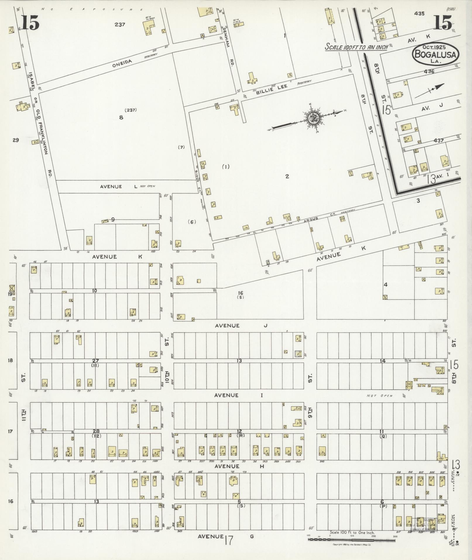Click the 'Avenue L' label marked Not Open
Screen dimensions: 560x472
pyautogui.click(x=119, y=186)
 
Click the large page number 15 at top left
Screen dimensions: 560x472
pyautogui.click(x=30, y=23)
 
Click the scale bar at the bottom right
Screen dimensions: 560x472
pyautogui.click(x=351, y=539)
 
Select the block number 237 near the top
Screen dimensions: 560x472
pyautogui.click(x=120, y=25)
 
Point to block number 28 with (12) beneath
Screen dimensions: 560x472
pyautogui.click(x=96, y=431)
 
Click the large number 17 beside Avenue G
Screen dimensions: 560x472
pyautogui.click(x=229, y=540)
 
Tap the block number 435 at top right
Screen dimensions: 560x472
pyautogui.click(x=419, y=13)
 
